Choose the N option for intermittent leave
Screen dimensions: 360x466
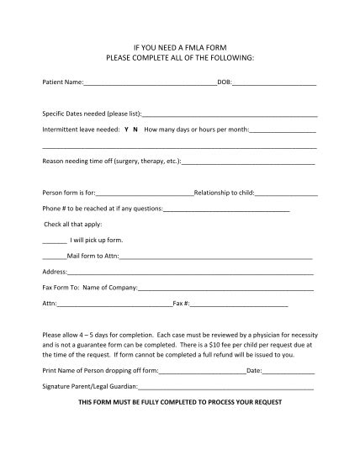point(135,130)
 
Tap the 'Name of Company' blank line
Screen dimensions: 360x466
point(226,289)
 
